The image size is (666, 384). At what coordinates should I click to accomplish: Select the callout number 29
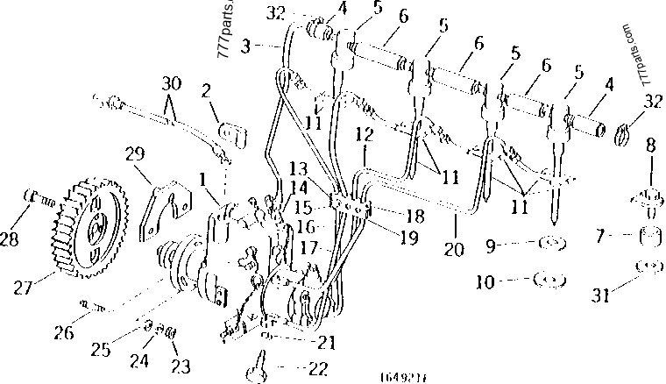point(135,154)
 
